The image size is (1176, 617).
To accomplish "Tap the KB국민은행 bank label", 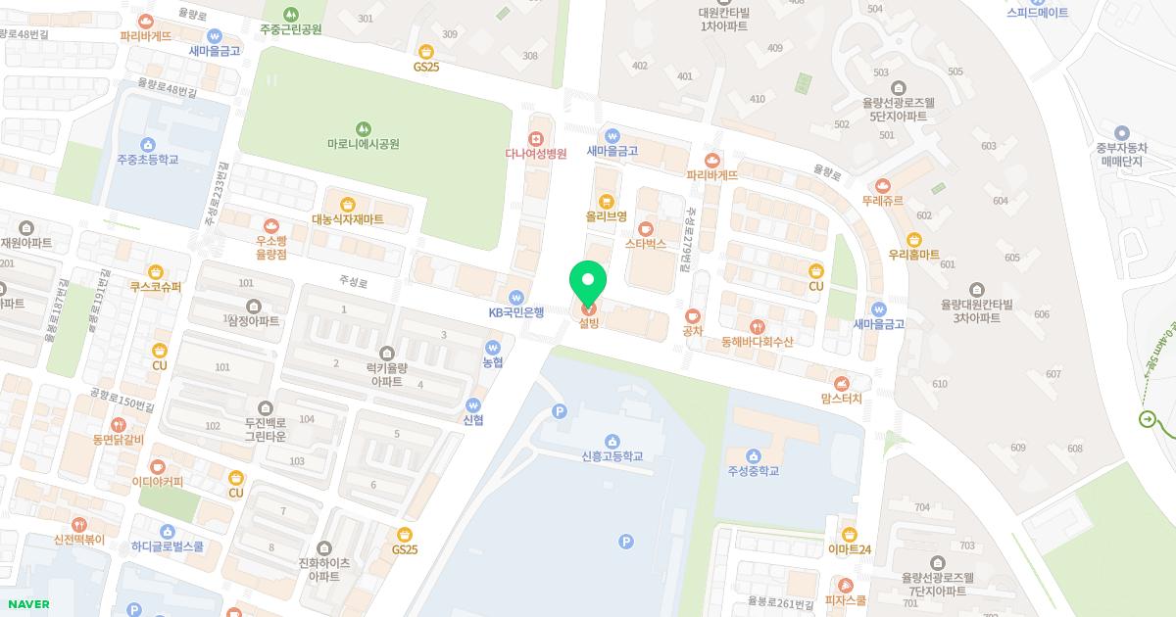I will (515, 312).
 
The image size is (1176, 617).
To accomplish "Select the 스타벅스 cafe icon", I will (645, 228).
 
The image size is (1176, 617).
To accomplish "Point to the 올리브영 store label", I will (606, 215).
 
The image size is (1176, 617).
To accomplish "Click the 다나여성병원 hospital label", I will (535, 154).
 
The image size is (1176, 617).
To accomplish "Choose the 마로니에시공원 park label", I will (363, 144).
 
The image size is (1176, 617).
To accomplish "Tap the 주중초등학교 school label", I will (147, 159).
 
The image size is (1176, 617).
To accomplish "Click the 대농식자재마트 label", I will (348, 219).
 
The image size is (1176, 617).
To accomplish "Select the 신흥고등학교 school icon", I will (612, 441).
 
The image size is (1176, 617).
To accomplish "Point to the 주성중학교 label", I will (753, 470).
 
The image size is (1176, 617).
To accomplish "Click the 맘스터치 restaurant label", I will (841, 399).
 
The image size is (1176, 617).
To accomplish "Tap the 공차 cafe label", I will (693, 331).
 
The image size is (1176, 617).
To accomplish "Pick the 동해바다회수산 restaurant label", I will (757, 342).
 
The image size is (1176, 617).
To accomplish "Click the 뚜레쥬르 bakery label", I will (882, 200).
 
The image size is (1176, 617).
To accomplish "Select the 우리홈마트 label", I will (913, 255).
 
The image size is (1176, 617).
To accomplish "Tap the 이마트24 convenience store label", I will (849, 549).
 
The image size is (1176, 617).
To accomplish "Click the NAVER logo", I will (27, 604).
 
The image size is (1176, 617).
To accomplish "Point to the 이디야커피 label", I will (157, 482).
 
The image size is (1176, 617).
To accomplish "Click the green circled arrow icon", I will (1147, 419).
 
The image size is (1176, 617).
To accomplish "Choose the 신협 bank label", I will (473, 420).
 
